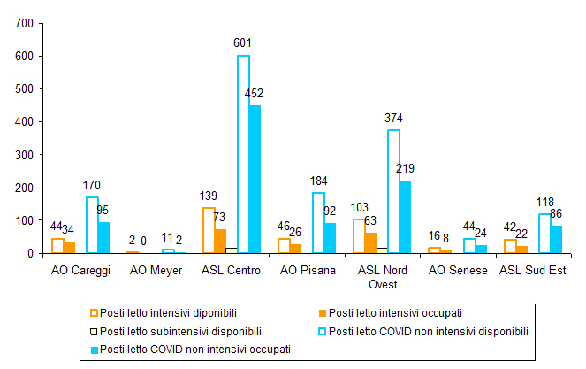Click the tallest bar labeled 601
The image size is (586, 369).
click(x=243, y=154)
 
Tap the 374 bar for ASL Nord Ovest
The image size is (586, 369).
click(x=393, y=191)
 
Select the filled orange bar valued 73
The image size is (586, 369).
click(x=220, y=242)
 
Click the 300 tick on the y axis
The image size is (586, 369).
click(x=15, y=155)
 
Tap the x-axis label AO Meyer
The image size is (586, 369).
click(x=156, y=270)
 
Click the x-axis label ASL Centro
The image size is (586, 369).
click(x=232, y=270)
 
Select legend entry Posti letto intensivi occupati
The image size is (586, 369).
click(x=392, y=312)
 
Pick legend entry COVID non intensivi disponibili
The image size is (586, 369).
click(x=428, y=331)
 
